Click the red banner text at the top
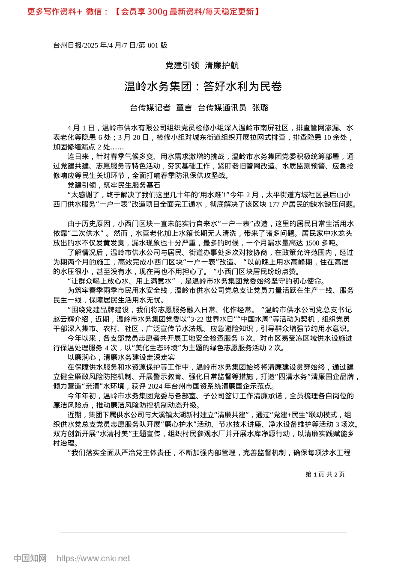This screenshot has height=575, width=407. [143, 12]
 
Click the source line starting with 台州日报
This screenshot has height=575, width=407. [110, 45]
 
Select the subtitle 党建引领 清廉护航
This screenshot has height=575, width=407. [202, 65]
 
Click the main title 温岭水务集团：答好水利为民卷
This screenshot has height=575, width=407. [203, 87]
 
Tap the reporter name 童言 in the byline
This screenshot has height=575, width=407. [184, 108]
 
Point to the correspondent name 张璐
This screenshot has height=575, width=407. [260, 108]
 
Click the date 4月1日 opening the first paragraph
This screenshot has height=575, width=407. [81, 128]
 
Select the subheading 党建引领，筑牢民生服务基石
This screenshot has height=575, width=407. [114, 185]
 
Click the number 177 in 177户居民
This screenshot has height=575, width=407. [274, 205]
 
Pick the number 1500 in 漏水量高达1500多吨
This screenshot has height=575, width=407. [314, 243]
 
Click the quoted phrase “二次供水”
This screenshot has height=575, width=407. [87, 234]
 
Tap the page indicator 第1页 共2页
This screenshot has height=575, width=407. [325, 474]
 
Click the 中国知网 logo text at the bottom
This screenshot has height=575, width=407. [30, 559]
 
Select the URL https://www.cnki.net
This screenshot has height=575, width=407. [93, 559]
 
